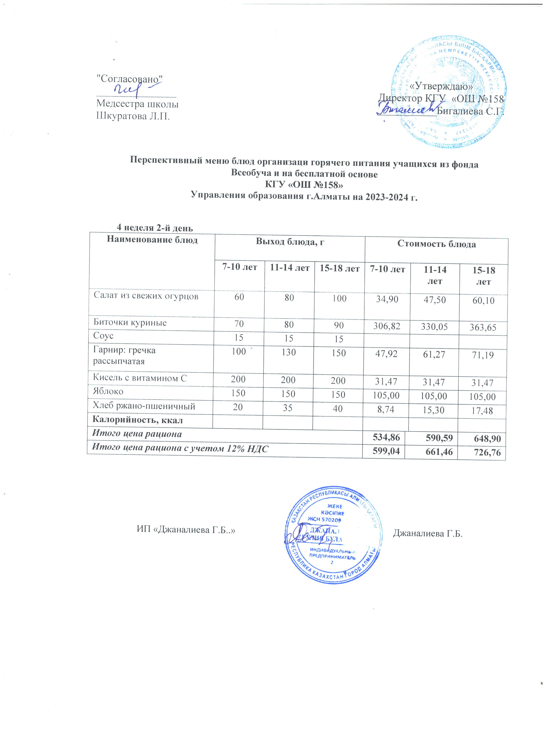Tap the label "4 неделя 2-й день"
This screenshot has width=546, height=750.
pos(155,228)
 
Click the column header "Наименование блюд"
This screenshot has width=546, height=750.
pos(152,240)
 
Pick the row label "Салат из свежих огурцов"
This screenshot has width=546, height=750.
pos(146,296)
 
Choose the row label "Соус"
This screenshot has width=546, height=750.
pos(104,336)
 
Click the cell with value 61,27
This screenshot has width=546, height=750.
pos(435,355)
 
